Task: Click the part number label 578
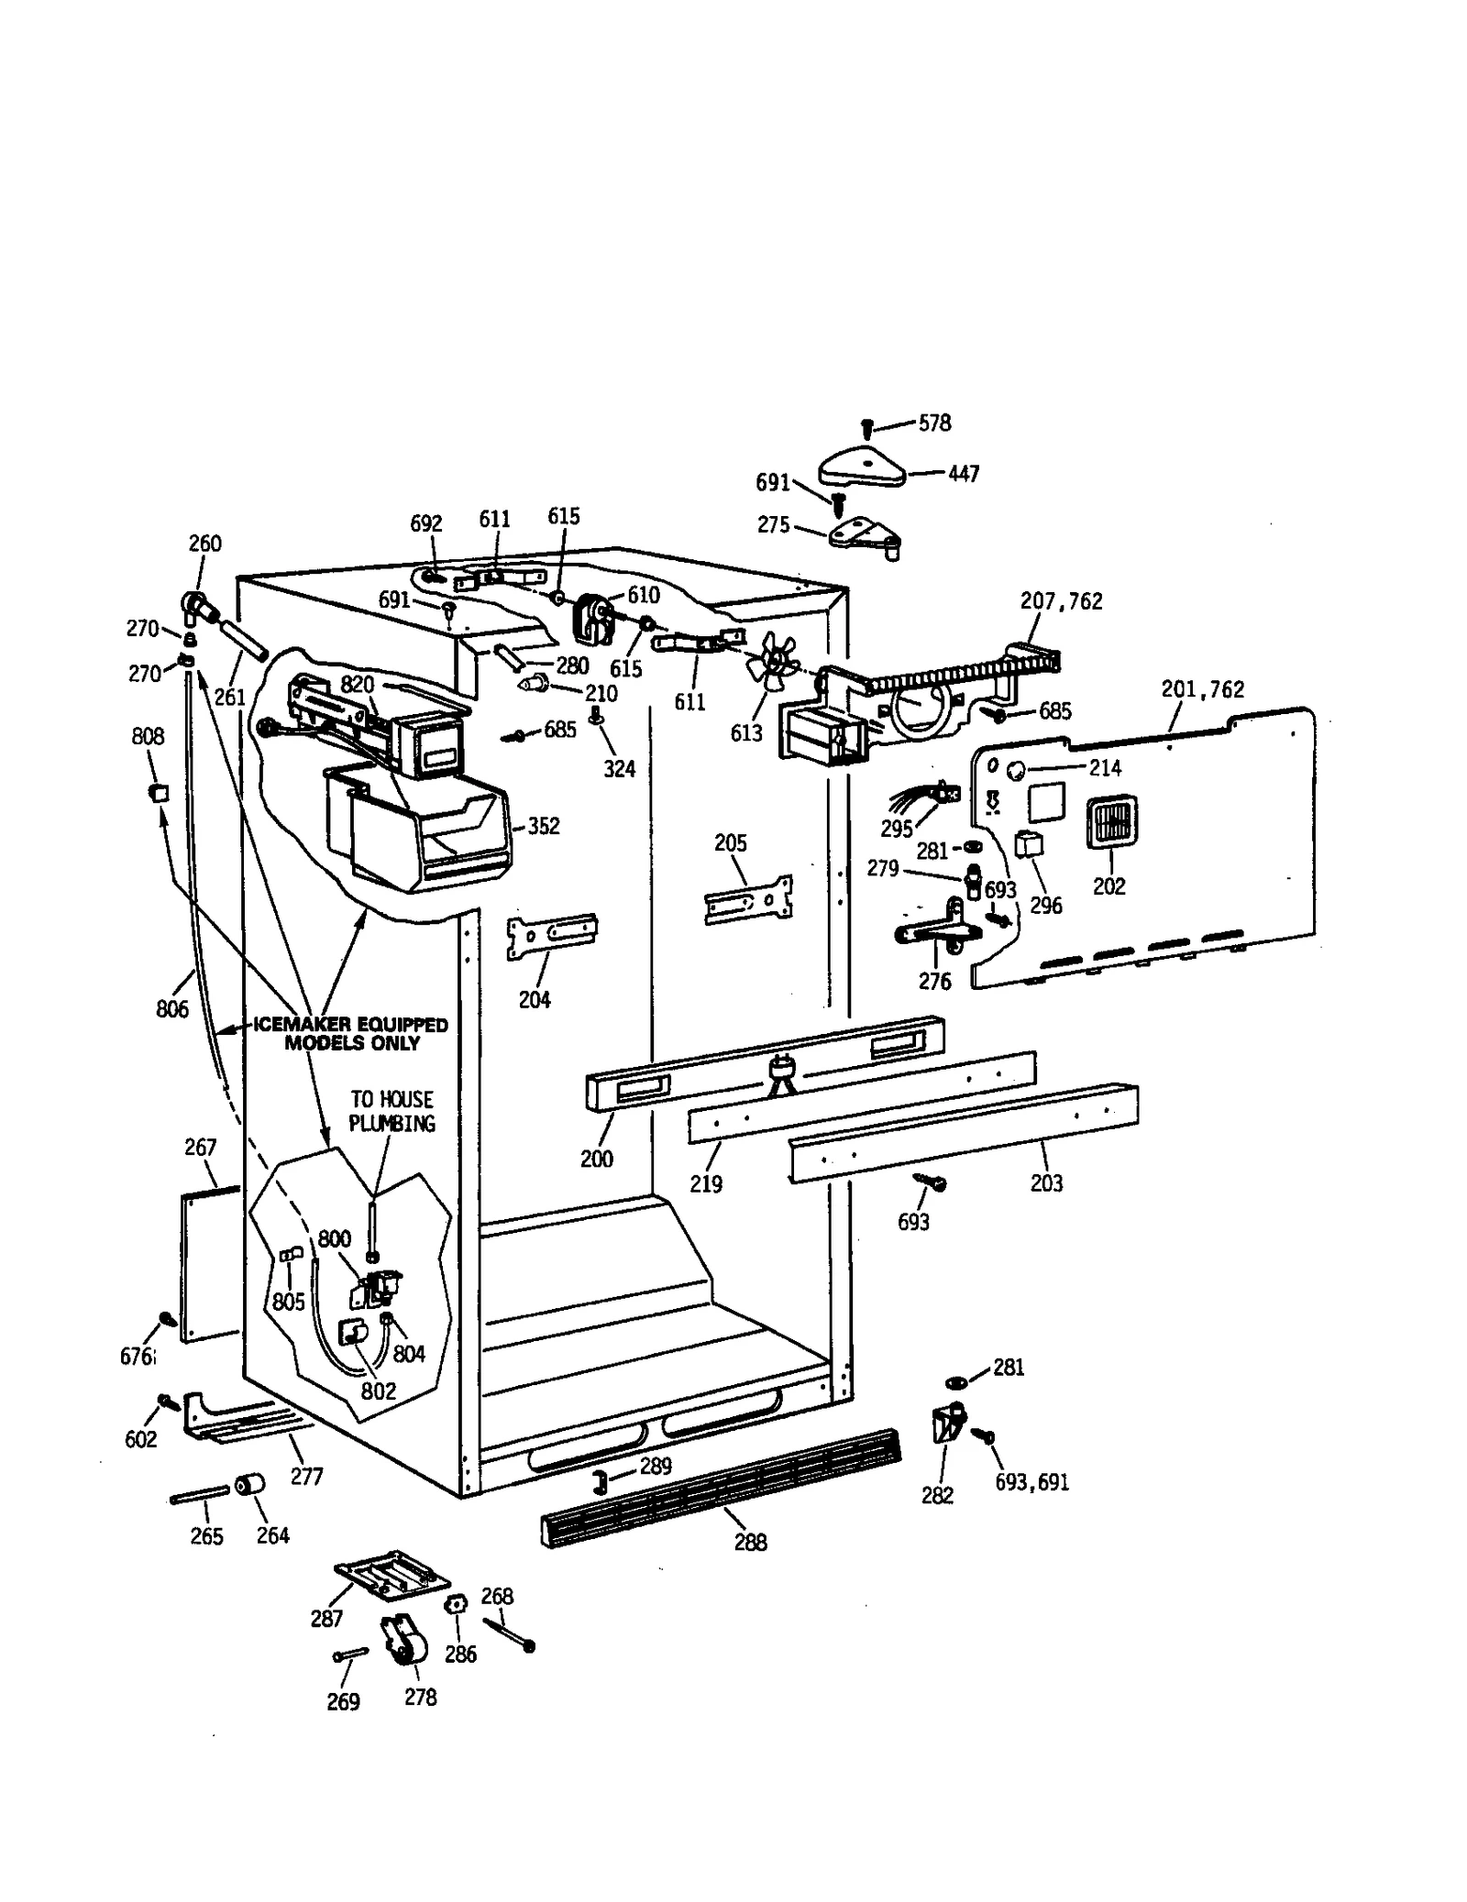pos(934,423)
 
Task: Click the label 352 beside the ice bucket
pos(543,826)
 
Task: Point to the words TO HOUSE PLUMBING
pos(392,1111)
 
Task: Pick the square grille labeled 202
pos(1111,820)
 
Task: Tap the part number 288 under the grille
pos(750,1542)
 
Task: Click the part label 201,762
pos(1202,689)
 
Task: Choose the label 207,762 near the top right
pos(1061,601)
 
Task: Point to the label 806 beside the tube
pos(171,1009)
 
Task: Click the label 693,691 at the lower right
pos(1031,1482)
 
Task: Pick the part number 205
pos(731,842)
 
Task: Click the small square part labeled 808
pos(160,791)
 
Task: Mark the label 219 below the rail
pos(706,1183)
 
